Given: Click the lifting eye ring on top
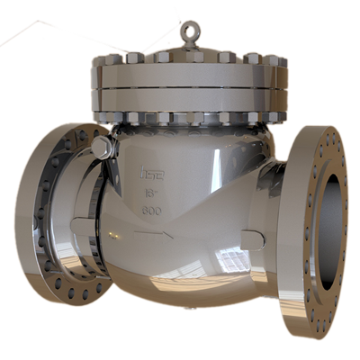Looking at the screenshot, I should click(x=189, y=32).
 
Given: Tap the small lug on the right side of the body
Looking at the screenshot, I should click(x=254, y=239).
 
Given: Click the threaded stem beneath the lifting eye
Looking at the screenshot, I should click(x=189, y=48).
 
